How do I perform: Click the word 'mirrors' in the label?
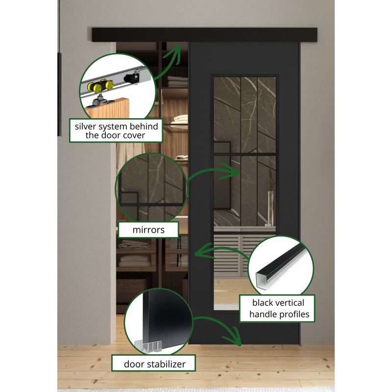[148, 230]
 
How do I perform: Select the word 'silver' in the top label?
[85, 126]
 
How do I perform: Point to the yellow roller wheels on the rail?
[100, 86]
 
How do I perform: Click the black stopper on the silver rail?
[132, 77]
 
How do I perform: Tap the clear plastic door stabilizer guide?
[149, 346]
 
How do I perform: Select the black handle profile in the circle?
[280, 267]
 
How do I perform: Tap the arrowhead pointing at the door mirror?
[231, 172]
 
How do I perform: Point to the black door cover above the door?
[204, 35]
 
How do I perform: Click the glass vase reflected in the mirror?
[270, 208]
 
